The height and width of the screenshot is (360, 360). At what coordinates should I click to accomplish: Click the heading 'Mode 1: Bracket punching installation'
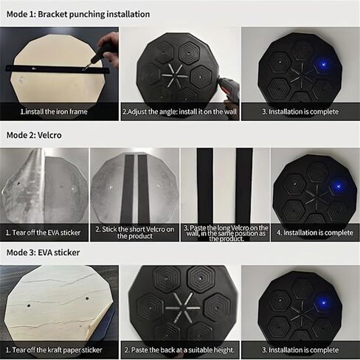point(78,14)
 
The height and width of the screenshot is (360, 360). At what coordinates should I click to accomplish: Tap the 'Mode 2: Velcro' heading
point(34,135)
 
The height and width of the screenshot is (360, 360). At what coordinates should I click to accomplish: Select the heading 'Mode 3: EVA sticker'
point(43,252)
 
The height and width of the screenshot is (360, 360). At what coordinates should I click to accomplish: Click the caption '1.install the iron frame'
point(54,111)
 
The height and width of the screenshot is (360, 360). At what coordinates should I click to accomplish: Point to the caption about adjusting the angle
point(180,111)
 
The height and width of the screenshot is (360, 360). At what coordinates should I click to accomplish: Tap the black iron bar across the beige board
point(58,69)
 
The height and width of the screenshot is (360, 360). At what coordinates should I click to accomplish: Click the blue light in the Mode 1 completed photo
point(323,64)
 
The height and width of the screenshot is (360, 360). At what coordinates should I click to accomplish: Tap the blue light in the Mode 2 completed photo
point(338,186)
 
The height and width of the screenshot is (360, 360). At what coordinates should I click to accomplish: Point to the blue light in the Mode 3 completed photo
point(323,302)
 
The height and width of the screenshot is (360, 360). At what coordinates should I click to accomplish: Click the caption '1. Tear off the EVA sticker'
point(44,232)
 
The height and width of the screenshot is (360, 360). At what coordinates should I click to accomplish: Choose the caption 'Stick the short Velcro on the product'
point(135,232)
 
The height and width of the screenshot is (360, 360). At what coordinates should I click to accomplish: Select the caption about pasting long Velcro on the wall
point(226,233)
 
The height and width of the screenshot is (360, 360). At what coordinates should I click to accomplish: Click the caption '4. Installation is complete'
point(315,232)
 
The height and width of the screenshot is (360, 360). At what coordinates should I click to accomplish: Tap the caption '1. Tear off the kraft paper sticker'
point(54,350)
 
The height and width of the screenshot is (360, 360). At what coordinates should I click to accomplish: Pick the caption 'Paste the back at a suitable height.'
point(180,350)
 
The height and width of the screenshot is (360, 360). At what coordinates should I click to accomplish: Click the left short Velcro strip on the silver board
point(128,189)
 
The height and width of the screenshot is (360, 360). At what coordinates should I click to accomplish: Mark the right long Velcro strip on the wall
point(244,186)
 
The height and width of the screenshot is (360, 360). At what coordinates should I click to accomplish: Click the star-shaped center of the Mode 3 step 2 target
point(183,308)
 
